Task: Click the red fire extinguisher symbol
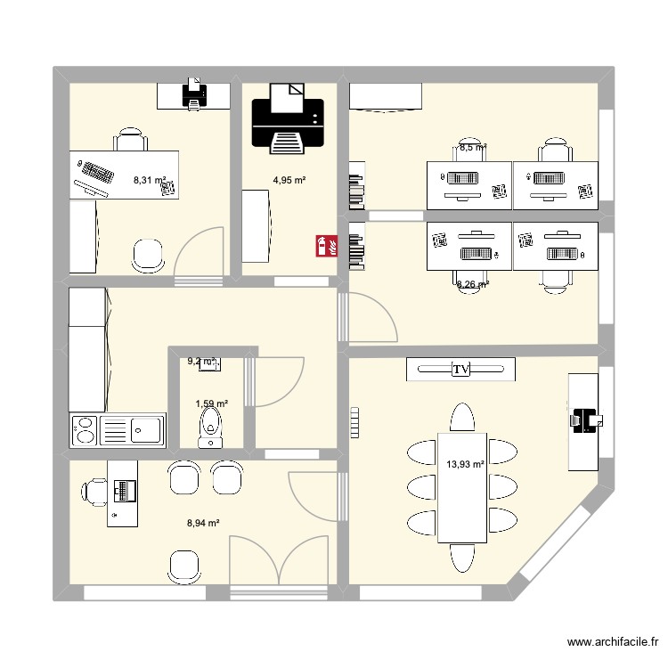[x=325, y=246]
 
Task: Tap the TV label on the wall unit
[x=460, y=370]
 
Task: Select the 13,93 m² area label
[x=465, y=464]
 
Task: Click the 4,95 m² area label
[x=289, y=180]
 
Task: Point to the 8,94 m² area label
[x=203, y=524]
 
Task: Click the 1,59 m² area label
[x=212, y=403]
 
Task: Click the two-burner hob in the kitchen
[x=85, y=430]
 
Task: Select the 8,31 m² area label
[x=151, y=180]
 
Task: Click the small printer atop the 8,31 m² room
[x=192, y=93]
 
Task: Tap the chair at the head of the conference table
[x=462, y=417]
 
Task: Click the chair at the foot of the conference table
[x=462, y=558]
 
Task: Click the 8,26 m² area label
[x=472, y=285]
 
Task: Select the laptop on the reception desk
[x=125, y=489]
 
